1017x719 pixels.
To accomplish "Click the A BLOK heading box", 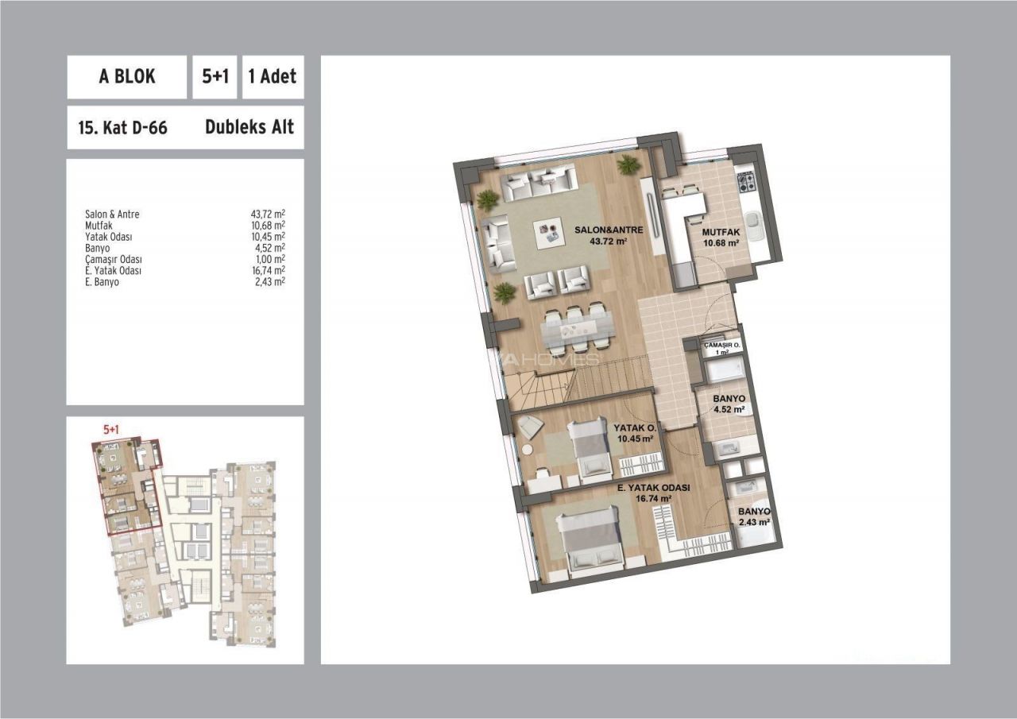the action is pyautogui.click(x=126, y=77).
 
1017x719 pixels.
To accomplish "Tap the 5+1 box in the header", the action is pyautogui.click(x=215, y=77).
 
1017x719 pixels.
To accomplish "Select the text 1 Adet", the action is pyautogui.click(x=273, y=76).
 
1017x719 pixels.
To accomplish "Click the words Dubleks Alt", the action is pyautogui.click(x=249, y=127).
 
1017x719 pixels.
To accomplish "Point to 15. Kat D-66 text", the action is pyautogui.click(x=123, y=128).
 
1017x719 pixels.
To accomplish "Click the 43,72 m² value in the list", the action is pyautogui.click(x=268, y=214).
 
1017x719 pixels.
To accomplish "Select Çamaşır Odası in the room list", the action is pyautogui.click(x=114, y=259).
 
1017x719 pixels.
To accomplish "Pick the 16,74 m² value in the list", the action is pyautogui.click(x=268, y=271).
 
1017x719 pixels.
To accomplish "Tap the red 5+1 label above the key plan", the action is pyautogui.click(x=111, y=429).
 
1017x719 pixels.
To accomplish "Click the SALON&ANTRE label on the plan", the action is pyautogui.click(x=609, y=230).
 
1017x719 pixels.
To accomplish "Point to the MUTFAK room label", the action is pyautogui.click(x=721, y=232).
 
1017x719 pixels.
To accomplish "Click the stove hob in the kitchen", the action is pyautogui.click(x=748, y=181).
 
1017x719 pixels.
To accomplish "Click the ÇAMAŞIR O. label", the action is pyautogui.click(x=722, y=346).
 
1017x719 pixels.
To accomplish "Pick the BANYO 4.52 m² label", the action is pyautogui.click(x=729, y=404).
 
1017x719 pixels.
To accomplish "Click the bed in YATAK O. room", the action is pyautogui.click(x=589, y=449).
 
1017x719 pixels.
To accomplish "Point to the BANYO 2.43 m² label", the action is pyautogui.click(x=754, y=516).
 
